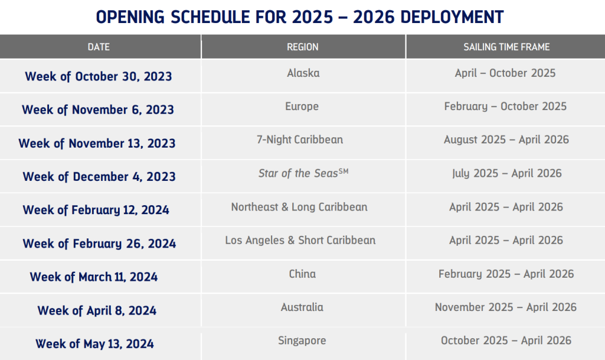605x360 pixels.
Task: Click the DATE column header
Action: (99, 47)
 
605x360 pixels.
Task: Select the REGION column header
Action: (302, 47)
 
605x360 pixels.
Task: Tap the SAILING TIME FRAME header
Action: (506, 47)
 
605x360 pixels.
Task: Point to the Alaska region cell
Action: (303, 73)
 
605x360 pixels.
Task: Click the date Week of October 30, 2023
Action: (98, 77)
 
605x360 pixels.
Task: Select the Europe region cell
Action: (302, 106)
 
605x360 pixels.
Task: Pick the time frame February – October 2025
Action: (505, 106)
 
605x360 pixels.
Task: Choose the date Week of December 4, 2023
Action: (99, 177)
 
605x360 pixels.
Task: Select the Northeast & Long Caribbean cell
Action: (299, 207)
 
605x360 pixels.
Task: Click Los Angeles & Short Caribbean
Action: (300, 240)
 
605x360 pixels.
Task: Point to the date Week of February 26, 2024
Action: (99, 244)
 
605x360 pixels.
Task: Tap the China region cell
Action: (302, 274)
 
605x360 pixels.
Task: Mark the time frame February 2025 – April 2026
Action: (506, 274)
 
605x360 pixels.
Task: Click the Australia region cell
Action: (302, 307)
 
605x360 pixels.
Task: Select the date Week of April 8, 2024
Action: (97, 311)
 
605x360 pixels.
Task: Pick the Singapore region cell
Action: (302, 341)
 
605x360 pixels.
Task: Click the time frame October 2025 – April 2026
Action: (506, 341)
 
